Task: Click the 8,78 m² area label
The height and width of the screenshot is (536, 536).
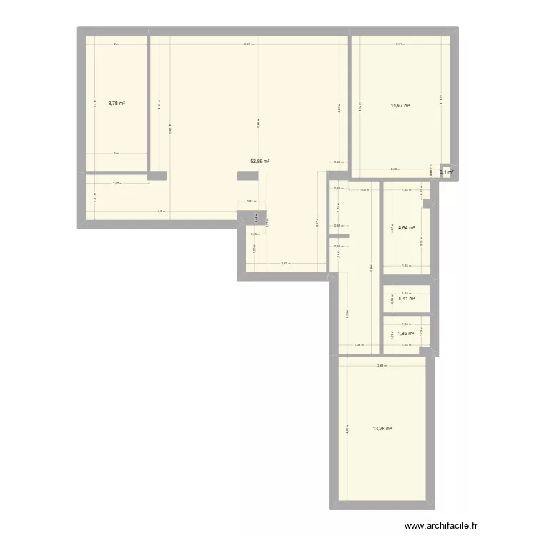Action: coord(116,103)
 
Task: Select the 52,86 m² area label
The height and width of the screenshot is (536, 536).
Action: coord(259,162)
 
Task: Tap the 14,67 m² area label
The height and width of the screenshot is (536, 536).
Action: coord(400,106)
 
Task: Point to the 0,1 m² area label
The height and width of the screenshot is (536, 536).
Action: coord(447,172)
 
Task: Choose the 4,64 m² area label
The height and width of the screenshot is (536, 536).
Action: coord(406,229)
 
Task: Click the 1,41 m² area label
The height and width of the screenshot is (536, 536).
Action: coord(406,299)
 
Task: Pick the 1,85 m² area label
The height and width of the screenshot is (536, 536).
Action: coord(406,334)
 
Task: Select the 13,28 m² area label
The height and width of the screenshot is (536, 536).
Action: coord(382,429)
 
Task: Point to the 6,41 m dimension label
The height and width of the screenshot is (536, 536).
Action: coord(248,44)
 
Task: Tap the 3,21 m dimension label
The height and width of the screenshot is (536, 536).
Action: coord(400,44)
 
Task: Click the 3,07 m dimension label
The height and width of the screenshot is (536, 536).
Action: coord(116,184)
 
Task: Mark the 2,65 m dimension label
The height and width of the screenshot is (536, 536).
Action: coord(382,366)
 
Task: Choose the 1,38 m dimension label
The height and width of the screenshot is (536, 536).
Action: coord(359,346)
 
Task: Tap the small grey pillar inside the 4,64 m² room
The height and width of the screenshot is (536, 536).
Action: coord(426,205)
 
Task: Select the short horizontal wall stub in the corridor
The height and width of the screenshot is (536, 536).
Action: coord(339,236)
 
